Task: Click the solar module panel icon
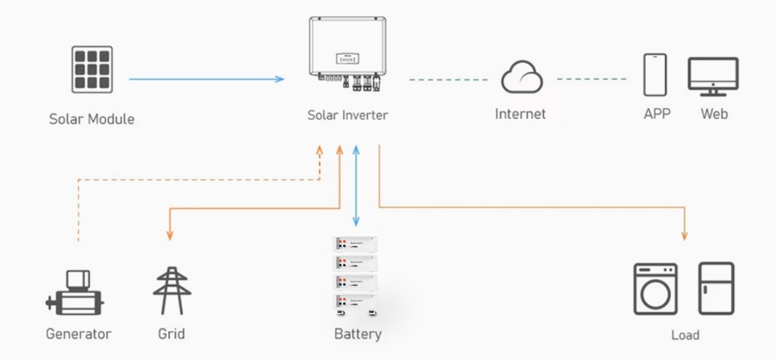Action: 92,70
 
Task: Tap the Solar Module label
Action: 92,118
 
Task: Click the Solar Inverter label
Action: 347,115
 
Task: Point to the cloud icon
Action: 521,77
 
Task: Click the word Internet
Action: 520,114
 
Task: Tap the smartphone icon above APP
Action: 656,74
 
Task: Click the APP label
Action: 656,114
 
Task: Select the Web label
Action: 714,114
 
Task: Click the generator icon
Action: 75,293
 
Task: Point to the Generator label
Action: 78,334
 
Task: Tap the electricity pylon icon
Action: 171,291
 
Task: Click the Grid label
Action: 171,334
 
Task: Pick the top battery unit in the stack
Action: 356,244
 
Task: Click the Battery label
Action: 358,334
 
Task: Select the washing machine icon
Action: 655,289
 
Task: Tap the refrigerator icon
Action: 715,288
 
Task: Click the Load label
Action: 685,336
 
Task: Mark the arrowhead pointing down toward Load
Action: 684,236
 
